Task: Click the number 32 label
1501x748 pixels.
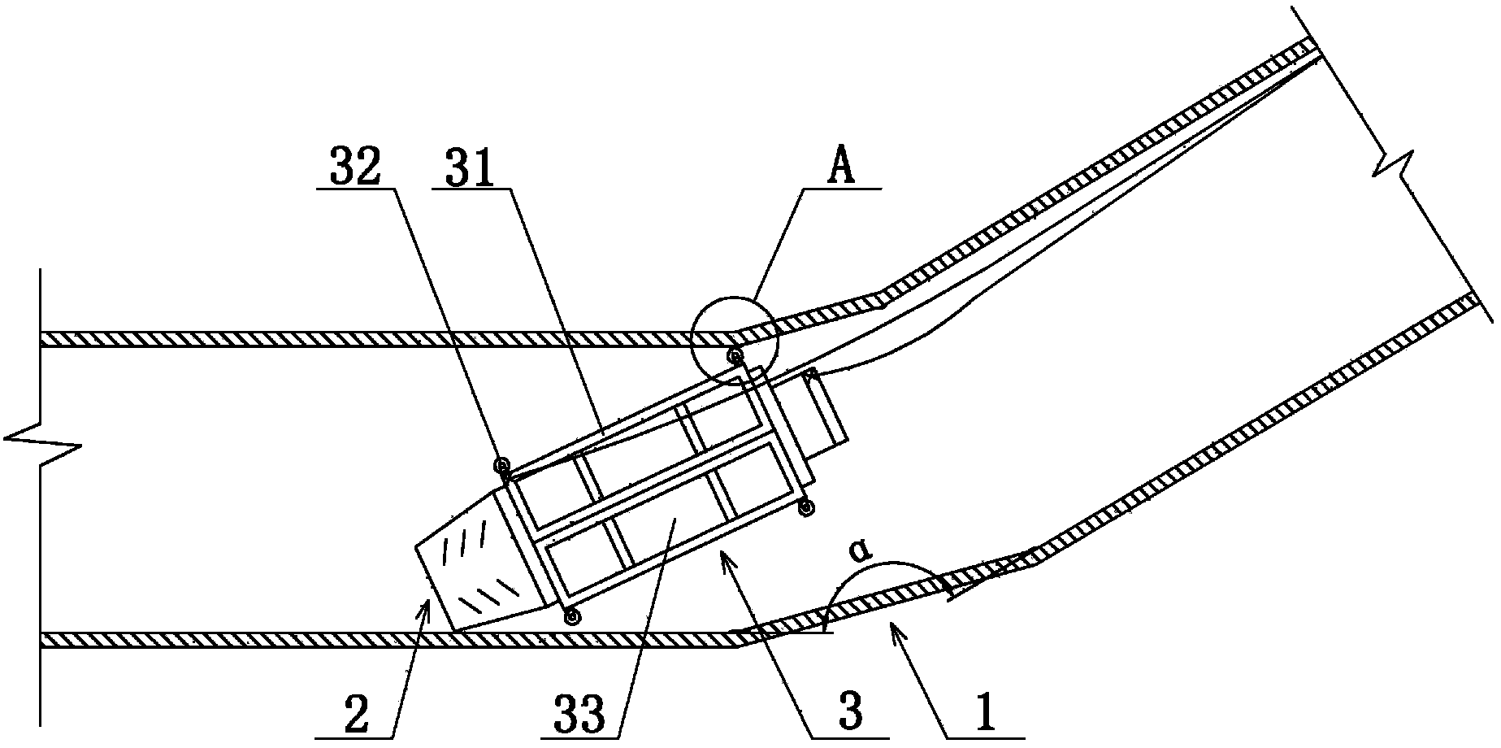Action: (354, 168)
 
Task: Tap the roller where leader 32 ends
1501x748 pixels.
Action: (501, 465)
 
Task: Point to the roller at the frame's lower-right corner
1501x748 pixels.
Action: (806, 508)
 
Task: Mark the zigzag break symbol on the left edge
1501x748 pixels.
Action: (41, 445)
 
